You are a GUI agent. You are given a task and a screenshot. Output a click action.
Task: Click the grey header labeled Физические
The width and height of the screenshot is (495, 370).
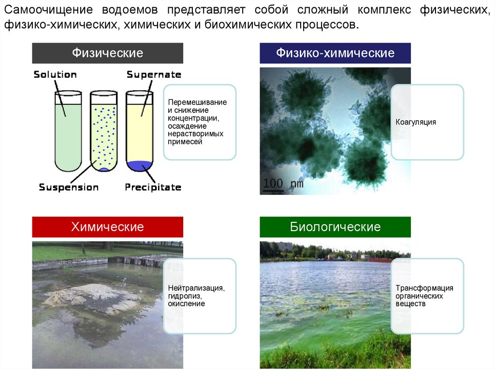(x=107, y=53)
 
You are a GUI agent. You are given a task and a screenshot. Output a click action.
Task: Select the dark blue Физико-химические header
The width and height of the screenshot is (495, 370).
(x=335, y=53)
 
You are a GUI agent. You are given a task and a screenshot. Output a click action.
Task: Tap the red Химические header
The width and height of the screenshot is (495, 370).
(x=107, y=227)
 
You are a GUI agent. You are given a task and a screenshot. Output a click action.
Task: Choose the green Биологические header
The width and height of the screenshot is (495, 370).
(x=335, y=227)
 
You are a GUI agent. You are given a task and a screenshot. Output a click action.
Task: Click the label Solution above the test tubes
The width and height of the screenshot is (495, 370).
(x=55, y=75)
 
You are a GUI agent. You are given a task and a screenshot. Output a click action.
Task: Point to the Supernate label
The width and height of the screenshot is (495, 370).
(x=154, y=75)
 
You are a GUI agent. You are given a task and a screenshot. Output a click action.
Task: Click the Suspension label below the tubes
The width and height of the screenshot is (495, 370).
(x=69, y=187)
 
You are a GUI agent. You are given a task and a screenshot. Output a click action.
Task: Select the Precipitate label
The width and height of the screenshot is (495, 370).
(x=153, y=187)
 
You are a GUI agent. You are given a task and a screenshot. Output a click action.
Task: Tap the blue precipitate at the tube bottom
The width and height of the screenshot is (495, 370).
(x=139, y=166)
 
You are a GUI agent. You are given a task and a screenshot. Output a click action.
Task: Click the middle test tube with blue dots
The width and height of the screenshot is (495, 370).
(x=103, y=131)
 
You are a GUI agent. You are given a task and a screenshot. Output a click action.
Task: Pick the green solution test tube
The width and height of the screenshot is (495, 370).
(x=68, y=131)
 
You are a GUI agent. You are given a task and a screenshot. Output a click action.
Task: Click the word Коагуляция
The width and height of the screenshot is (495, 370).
(x=416, y=122)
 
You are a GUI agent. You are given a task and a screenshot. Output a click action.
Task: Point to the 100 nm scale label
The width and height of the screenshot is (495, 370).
(x=283, y=184)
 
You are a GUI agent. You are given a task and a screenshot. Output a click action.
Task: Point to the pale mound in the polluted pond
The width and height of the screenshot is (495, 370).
(x=92, y=295)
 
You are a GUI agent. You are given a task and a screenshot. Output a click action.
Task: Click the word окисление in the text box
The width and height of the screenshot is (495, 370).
(x=186, y=304)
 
